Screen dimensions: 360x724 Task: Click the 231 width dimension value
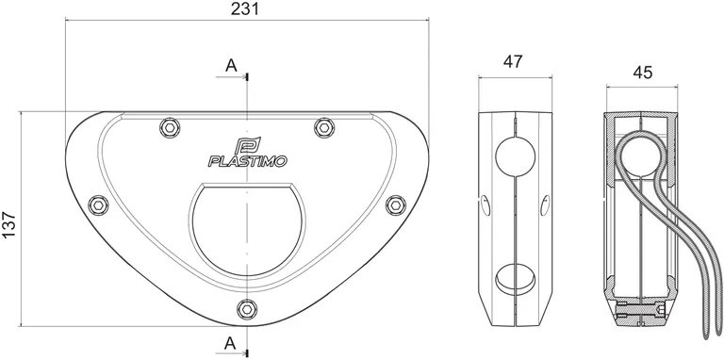[x=246, y=10]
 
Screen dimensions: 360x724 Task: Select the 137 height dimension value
[x=10, y=219]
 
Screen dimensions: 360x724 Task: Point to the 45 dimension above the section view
[x=641, y=71]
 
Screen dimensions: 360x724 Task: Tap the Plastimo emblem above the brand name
[x=247, y=145]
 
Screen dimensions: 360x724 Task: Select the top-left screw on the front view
[x=169, y=125]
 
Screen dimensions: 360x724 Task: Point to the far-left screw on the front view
[x=97, y=205]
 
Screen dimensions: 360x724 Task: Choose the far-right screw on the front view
[x=396, y=204]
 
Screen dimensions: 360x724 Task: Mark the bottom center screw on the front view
[x=247, y=306]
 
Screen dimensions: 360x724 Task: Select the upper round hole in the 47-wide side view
[x=514, y=155]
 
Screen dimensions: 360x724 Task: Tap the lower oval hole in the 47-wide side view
[x=514, y=278]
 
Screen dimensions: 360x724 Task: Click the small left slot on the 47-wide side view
[x=485, y=203]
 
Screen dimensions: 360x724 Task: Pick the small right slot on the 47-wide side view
[x=544, y=201]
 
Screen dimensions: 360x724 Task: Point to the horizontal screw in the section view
[x=641, y=309]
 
